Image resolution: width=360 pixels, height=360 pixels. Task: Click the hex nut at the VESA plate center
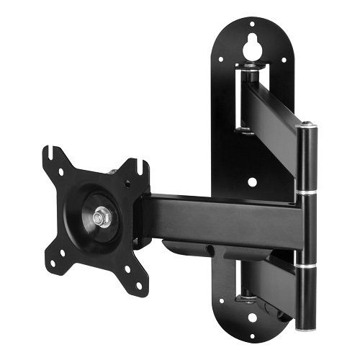coord(102,216)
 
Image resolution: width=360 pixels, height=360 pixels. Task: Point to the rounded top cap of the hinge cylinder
coord(308,127)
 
